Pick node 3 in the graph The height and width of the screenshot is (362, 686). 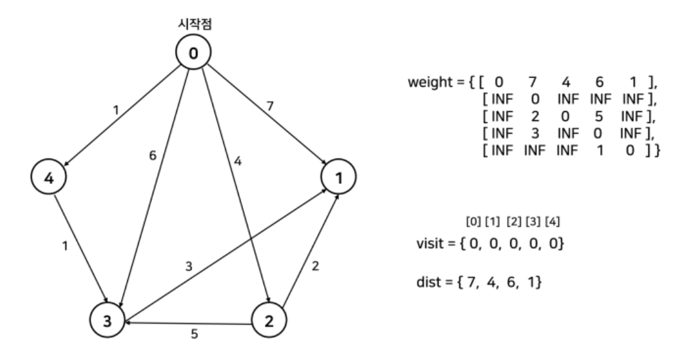(108, 321)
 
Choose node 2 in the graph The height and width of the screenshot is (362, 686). (270, 321)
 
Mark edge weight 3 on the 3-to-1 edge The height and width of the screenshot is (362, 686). (188, 265)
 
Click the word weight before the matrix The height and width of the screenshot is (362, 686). (431, 83)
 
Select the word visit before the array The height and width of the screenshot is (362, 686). (428, 242)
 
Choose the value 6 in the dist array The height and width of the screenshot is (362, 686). (511, 281)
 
